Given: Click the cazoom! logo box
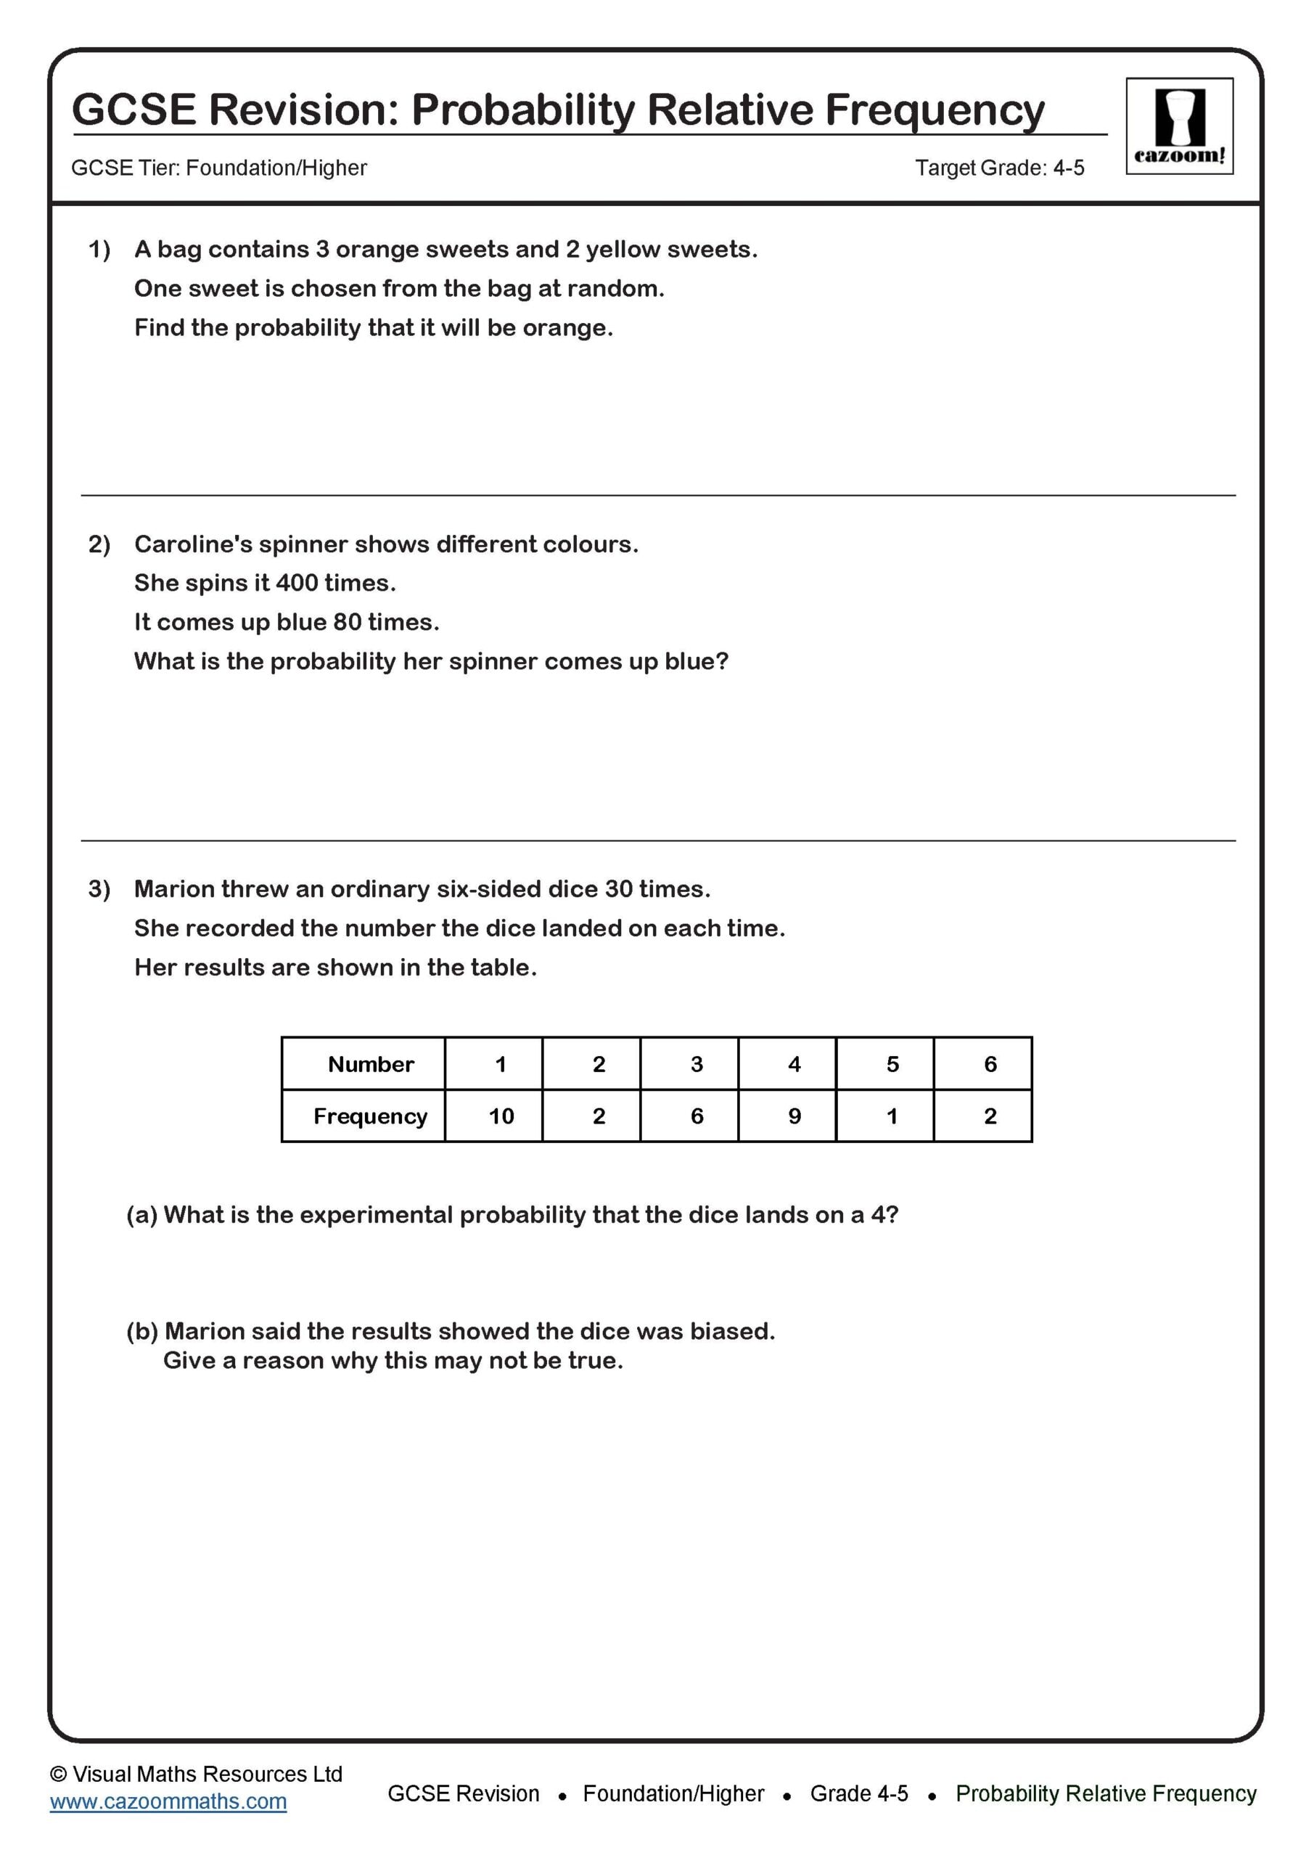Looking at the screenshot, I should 1179,126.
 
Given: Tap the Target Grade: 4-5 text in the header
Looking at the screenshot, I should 999,168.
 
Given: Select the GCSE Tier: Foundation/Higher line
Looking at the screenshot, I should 218,168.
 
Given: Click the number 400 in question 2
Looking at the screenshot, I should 297,583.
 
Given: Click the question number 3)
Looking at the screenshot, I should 99,888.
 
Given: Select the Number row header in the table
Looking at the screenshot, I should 371,1064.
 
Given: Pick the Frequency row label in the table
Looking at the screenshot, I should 371,1117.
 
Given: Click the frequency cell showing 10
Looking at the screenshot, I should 501,1117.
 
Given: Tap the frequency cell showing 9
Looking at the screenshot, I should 794,1117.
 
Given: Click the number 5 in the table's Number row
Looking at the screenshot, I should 892,1064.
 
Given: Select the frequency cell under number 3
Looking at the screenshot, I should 697,1117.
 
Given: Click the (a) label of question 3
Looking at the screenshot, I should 141,1215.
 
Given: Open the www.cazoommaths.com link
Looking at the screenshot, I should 168,1801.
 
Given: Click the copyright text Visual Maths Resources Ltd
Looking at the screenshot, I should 207,1774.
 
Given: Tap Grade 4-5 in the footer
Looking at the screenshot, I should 858,1793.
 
